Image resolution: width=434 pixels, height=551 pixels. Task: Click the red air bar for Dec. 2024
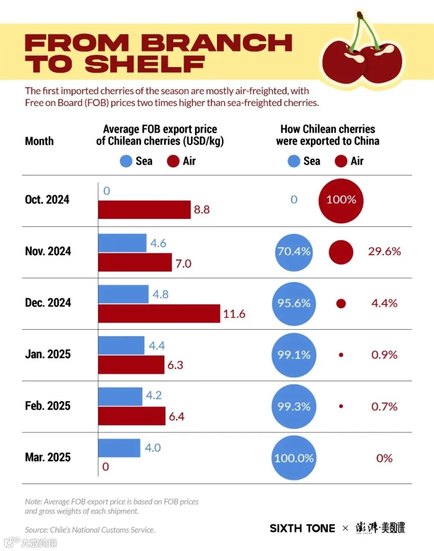coord(159,313)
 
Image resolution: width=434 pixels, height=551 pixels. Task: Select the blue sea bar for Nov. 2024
coord(122,243)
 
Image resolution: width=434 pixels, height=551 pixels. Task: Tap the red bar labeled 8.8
coord(145,209)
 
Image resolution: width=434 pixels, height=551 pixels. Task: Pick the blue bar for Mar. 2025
coord(119,448)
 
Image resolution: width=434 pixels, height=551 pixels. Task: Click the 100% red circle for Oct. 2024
coord(341,201)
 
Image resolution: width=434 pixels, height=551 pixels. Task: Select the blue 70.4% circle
coord(294,252)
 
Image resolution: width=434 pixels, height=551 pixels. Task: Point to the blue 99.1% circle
coord(294,355)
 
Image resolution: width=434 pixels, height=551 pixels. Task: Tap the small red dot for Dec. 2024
coord(341,304)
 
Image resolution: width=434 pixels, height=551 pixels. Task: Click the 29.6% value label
coord(384,251)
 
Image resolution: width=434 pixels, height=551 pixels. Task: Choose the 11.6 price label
coord(234,314)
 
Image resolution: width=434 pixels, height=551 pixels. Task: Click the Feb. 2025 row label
coord(48,406)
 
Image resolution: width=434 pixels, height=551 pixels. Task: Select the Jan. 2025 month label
coord(48,354)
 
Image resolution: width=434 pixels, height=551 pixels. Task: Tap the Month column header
coord(40,141)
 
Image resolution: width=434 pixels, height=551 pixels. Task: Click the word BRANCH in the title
coord(217,43)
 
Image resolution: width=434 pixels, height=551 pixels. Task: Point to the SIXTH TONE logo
coord(302,528)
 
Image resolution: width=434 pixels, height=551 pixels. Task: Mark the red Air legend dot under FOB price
coord(173,161)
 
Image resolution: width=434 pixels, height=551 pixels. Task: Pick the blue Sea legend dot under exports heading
coord(294,161)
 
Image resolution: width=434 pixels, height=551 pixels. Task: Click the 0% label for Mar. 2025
coord(384,458)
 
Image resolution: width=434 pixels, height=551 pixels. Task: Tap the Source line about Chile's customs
coord(90,530)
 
